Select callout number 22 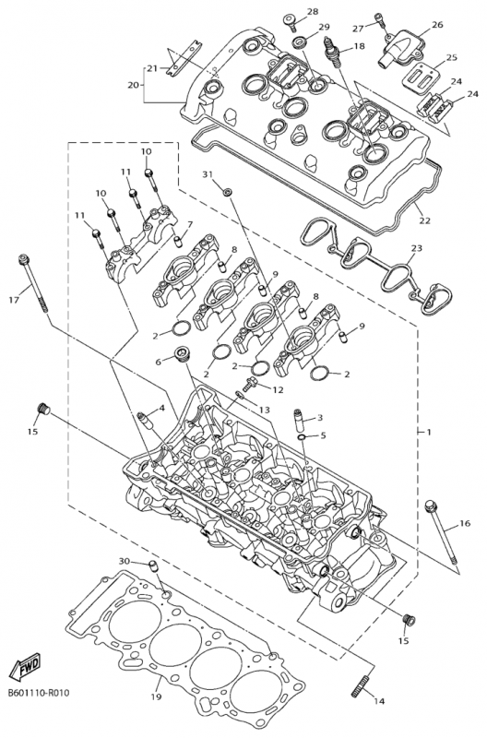[x=425, y=220]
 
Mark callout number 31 [x=208, y=175]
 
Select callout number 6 [x=158, y=362]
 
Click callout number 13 [x=264, y=410]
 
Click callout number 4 [x=161, y=408]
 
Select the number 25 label [x=452, y=57]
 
